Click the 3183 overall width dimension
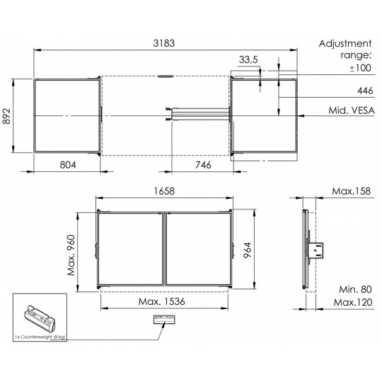(164, 43)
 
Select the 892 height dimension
(7, 116)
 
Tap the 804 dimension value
(68, 165)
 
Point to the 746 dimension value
(203, 165)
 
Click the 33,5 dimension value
(248, 59)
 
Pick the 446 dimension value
(365, 91)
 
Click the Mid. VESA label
(352, 110)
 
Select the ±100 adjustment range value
(360, 68)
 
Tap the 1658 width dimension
(164, 191)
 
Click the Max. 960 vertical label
(71, 255)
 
